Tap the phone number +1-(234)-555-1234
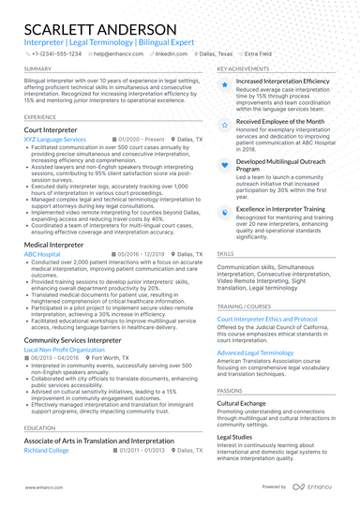pyautogui.click(x=56, y=54)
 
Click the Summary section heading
pyautogui.click(x=38, y=69)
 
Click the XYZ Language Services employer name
pyautogui.click(x=54, y=139)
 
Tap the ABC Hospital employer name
pyautogui.click(x=42, y=254)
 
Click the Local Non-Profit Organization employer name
pyautogui.click(x=65, y=350)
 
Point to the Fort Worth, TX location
pyautogui.click(x=113, y=358)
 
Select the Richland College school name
pyautogui.click(x=47, y=450)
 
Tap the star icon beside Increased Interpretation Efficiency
pyautogui.click(x=225, y=83)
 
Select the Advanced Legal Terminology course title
pyautogui.click(x=256, y=352)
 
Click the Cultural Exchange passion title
pyautogui.click(x=243, y=402)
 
